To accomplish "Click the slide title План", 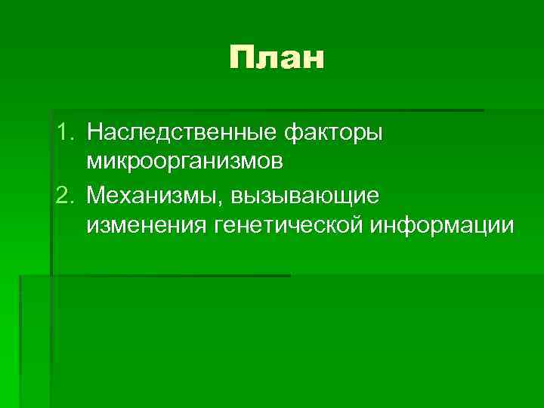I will pyautogui.click(x=276, y=57).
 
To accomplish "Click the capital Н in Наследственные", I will pyautogui.click(x=94, y=133).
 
